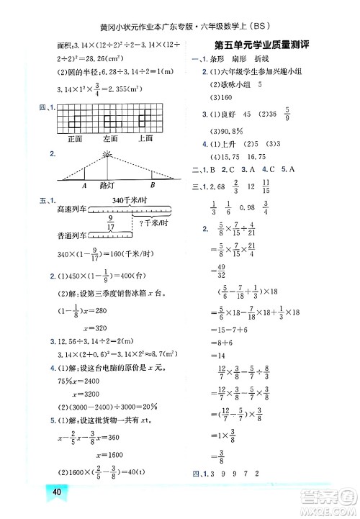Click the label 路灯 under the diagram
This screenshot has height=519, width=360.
point(107,185)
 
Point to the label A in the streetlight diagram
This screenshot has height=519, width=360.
point(84,185)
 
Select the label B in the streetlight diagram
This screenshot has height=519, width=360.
point(151,185)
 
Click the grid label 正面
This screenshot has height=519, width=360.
point(75,138)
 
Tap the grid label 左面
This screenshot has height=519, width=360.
point(110,138)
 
